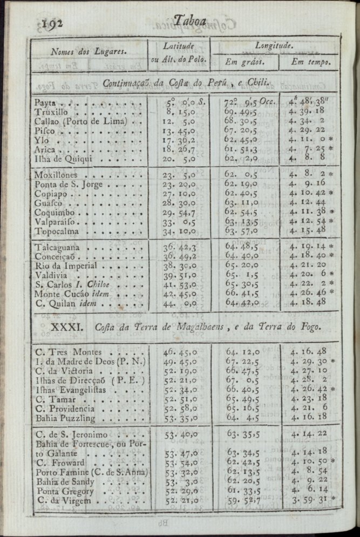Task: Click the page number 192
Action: [x=53, y=23]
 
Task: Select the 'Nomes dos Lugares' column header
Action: [x=88, y=52]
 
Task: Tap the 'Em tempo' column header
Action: [x=311, y=62]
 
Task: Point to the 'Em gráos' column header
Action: [x=244, y=62]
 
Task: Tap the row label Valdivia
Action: [x=53, y=275]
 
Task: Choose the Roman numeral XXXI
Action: [x=66, y=327]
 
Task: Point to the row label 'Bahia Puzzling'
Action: [x=64, y=418]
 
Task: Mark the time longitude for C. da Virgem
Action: [x=310, y=500]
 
